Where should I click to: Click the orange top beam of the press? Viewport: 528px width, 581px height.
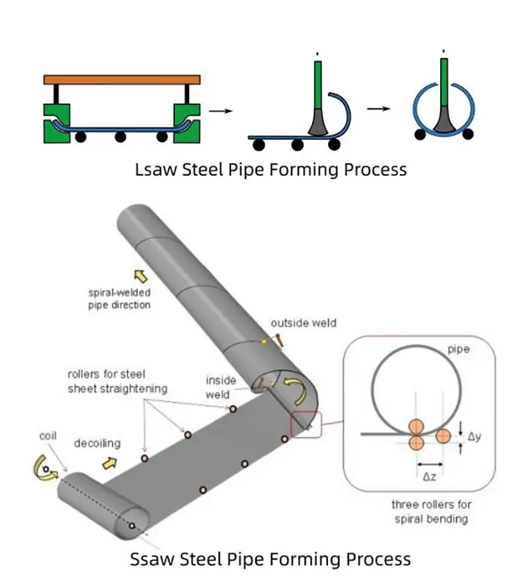coord(121,79)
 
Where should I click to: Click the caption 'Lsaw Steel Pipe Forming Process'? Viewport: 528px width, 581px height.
coord(270,169)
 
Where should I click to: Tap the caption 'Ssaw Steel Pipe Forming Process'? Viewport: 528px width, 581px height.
coord(270,559)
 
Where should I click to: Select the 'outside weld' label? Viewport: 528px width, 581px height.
coord(303,323)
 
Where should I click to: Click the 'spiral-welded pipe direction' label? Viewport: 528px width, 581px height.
coord(119,299)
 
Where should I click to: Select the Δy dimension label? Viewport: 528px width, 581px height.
coord(475,436)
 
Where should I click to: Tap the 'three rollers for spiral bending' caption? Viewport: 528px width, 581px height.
coord(432,512)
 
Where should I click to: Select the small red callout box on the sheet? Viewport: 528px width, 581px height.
coord(305,425)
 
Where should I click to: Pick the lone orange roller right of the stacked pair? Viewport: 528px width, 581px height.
coord(443,436)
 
